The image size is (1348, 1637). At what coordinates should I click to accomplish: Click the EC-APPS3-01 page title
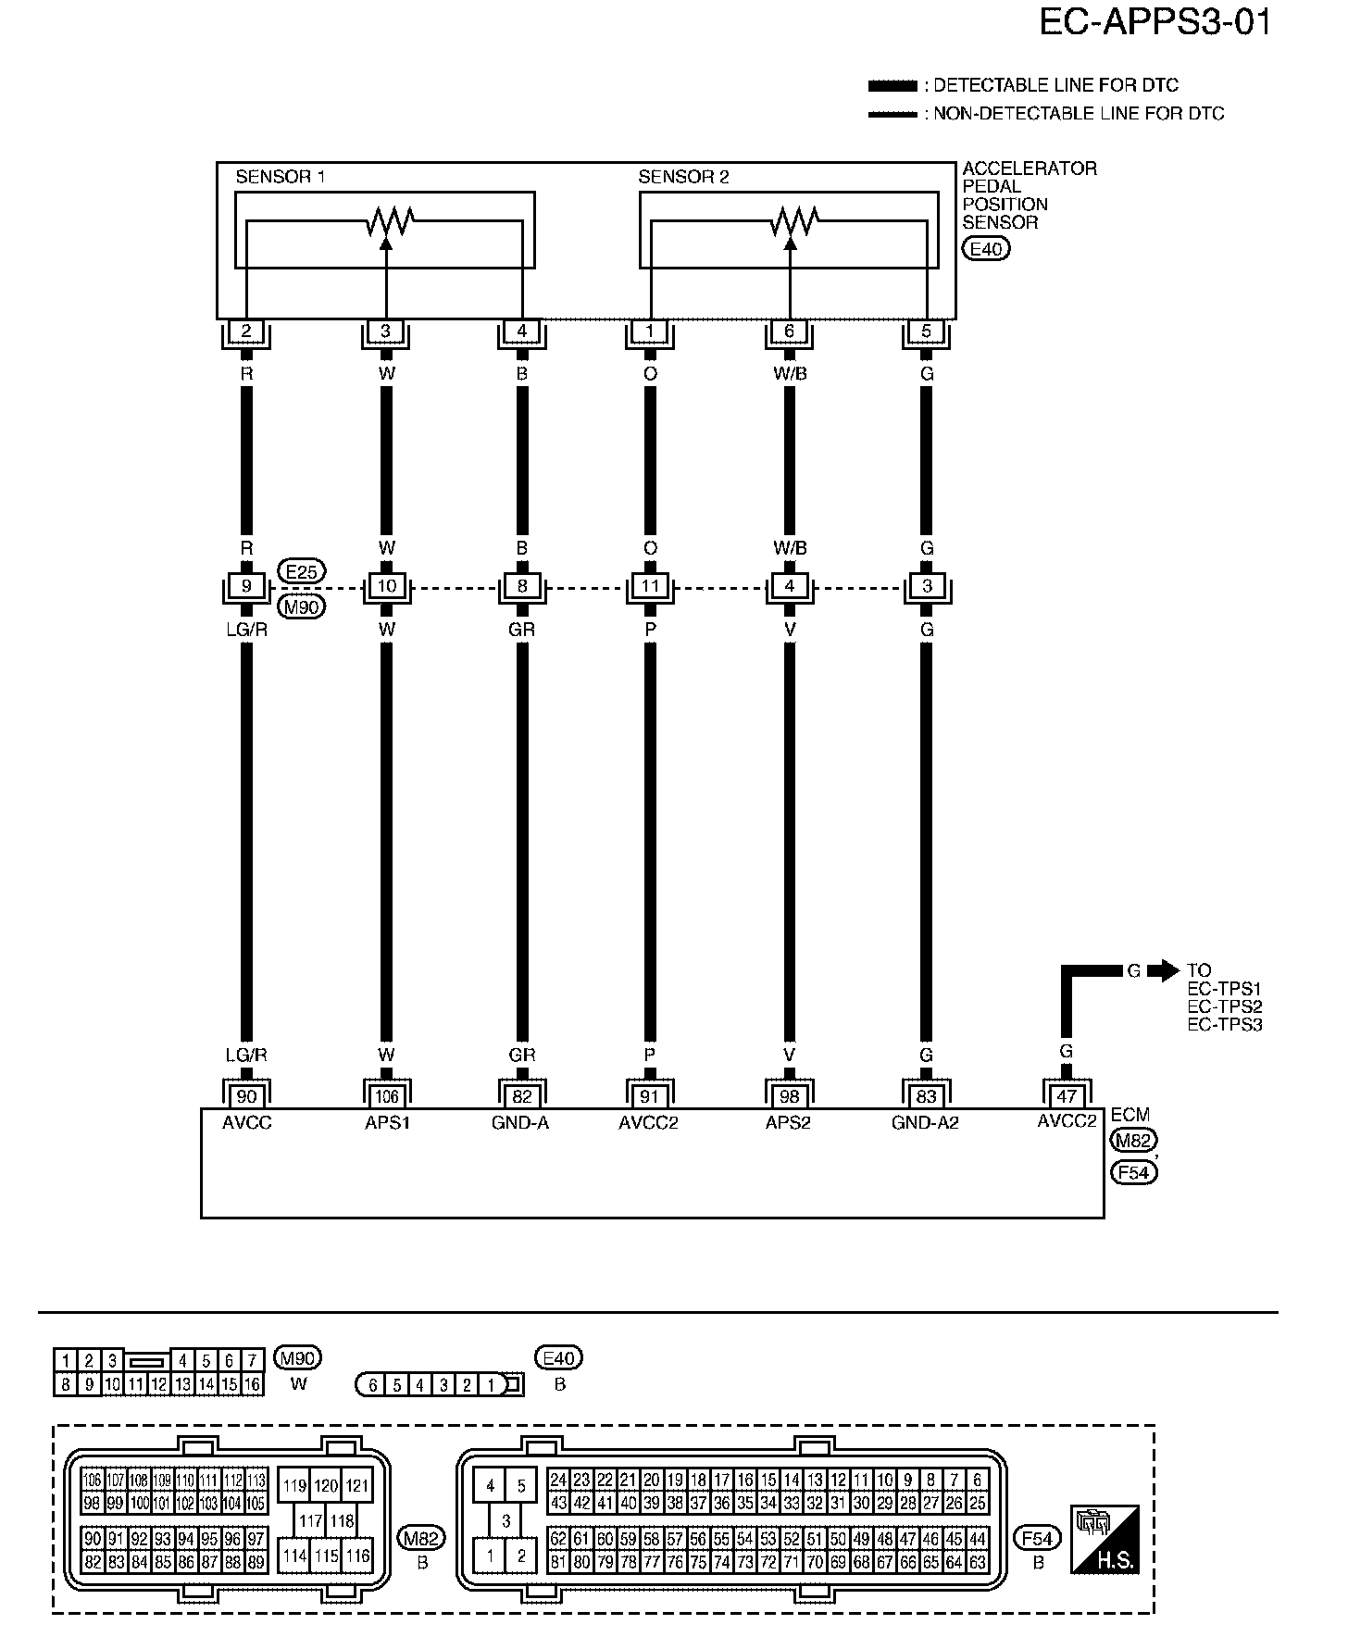[x=1155, y=22]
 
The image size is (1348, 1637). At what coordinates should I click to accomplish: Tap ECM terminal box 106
[x=386, y=1096]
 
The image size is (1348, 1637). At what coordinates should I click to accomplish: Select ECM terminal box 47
[x=1067, y=1096]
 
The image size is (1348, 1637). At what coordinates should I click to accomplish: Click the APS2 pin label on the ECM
[x=788, y=1123]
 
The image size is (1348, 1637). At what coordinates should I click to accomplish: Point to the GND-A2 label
[x=926, y=1123]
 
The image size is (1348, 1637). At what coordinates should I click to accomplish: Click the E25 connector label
[x=302, y=572]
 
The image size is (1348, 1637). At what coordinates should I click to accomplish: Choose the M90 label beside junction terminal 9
[x=302, y=607]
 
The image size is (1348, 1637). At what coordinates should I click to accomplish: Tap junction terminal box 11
[x=650, y=586]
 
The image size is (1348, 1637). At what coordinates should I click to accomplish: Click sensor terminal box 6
[x=789, y=331]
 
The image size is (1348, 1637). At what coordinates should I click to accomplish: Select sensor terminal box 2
[x=246, y=331]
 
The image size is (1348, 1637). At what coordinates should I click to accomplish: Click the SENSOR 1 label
[x=280, y=177]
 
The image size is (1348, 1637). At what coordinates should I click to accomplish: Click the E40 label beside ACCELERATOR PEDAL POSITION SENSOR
[x=986, y=248]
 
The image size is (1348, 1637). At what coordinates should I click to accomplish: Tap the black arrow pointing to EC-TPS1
[x=1162, y=971]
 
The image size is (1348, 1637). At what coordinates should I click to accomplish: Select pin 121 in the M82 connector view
[x=357, y=1485]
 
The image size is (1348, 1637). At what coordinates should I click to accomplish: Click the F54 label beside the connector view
[x=1038, y=1538]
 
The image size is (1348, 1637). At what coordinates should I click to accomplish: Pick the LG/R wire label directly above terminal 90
[x=246, y=1055]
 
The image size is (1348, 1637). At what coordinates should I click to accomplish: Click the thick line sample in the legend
[x=892, y=86]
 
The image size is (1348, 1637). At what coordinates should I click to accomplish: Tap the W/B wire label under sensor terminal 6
[x=789, y=374]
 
